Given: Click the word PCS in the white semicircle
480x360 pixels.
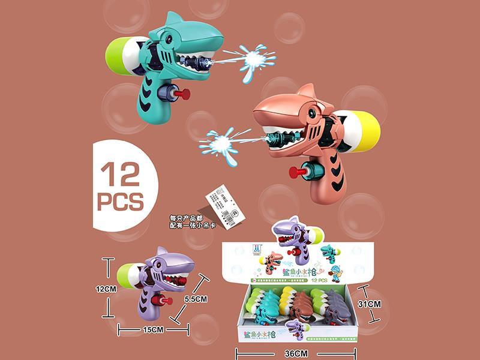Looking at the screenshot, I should (x=120, y=200).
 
